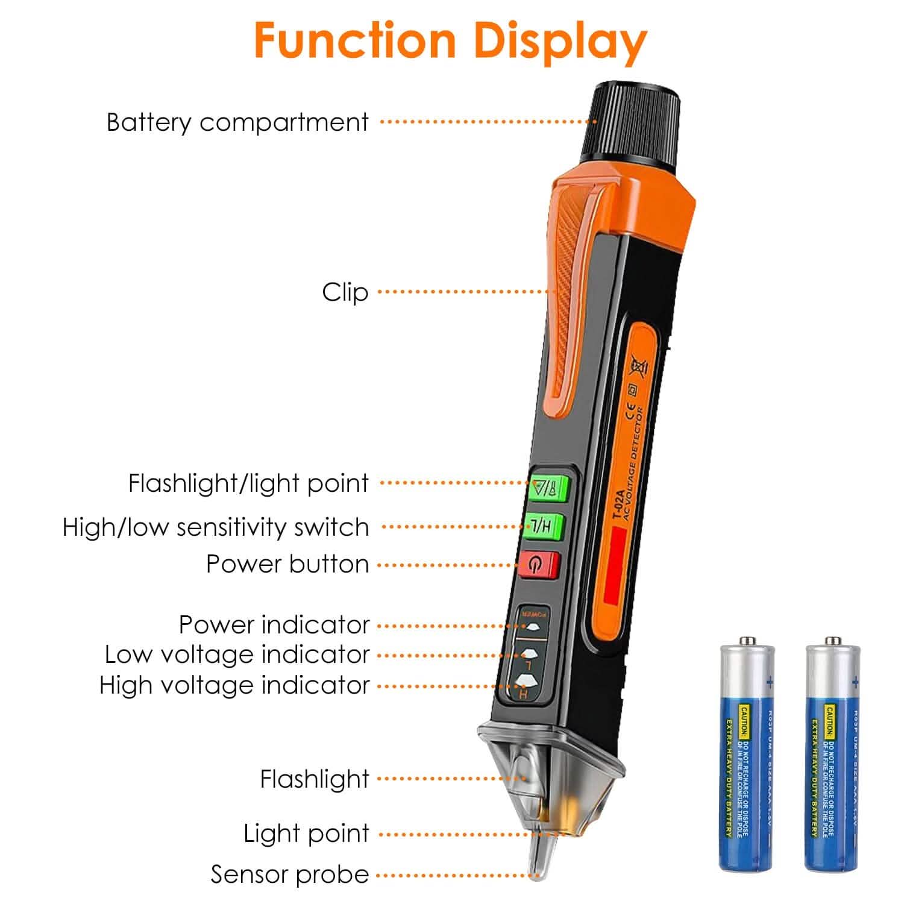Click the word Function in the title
[x=354, y=40]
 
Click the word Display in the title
[x=560, y=40]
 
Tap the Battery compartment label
[x=237, y=122]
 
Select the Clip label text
[x=345, y=293]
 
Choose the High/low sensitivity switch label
[x=216, y=527]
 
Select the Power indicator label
[x=274, y=625]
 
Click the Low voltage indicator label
[x=237, y=655]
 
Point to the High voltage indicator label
[x=234, y=686]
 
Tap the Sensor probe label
[x=290, y=875]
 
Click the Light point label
[x=306, y=834]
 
